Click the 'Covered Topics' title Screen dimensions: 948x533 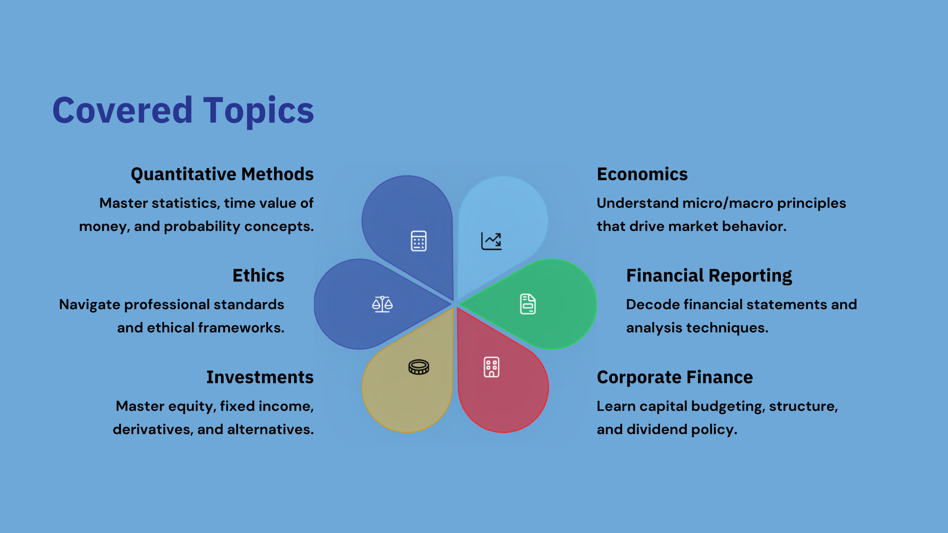click(183, 110)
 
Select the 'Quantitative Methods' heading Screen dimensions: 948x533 click(222, 174)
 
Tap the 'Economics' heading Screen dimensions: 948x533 click(642, 174)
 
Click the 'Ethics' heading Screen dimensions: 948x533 click(258, 276)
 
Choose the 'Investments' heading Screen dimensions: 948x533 click(260, 377)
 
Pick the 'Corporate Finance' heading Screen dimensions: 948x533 click(675, 378)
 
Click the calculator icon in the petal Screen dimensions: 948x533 click(419, 241)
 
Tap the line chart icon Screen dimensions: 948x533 click(491, 241)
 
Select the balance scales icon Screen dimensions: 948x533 click(382, 304)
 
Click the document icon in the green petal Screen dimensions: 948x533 click(528, 304)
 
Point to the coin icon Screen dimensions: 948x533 click(419, 367)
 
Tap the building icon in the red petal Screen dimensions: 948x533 click(491, 367)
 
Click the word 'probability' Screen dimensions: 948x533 click(202, 227)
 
